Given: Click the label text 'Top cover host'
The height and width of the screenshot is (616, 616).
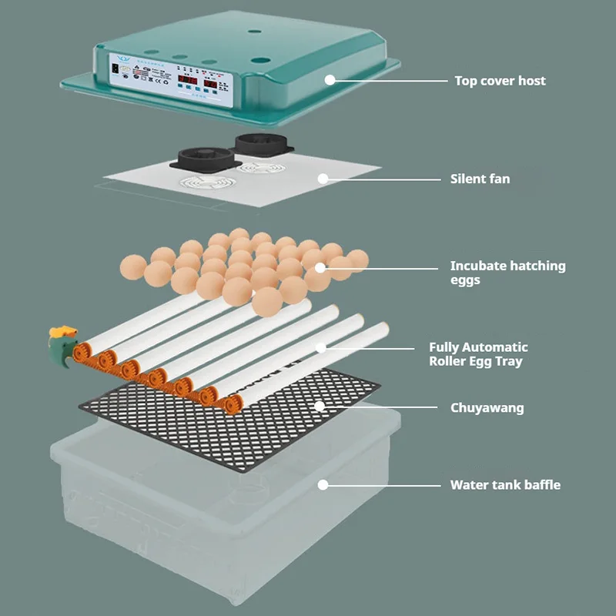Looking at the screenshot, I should click(500, 80).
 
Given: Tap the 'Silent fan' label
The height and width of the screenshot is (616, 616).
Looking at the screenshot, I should click(480, 179).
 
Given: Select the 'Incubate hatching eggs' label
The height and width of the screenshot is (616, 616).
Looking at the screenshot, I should click(507, 273).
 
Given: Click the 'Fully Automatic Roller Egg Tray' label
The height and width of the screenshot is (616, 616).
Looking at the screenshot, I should click(478, 354).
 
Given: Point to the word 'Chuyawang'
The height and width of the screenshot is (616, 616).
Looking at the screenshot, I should click(487, 407).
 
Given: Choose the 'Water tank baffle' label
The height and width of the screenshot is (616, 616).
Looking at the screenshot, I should click(505, 485).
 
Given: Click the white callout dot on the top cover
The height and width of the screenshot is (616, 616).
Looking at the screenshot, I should click(330, 79).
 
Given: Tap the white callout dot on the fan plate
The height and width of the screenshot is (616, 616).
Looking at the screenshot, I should click(323, 179).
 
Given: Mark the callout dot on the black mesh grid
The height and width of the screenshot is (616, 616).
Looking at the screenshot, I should click(320, 406).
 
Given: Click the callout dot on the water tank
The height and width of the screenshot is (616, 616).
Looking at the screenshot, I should click(323, 485).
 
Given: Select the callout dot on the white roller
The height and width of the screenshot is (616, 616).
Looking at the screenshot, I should click(320, 347).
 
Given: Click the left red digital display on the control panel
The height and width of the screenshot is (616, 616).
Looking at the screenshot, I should click(188, 79).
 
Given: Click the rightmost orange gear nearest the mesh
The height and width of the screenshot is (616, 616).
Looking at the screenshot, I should click(229, 402).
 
